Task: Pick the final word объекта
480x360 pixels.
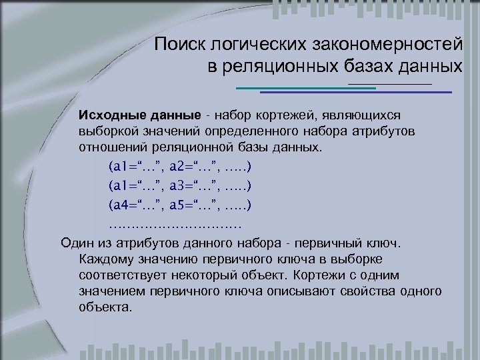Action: (105, 308)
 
